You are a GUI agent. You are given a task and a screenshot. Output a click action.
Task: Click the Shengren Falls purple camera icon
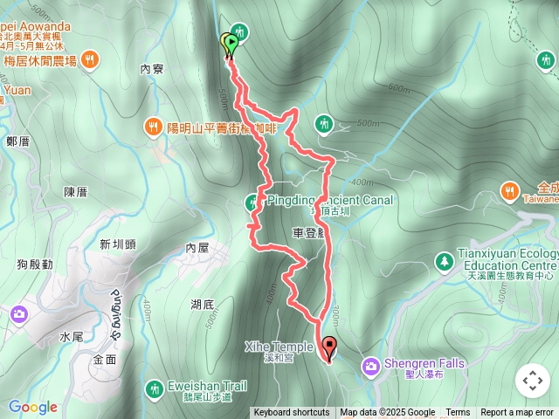pyautogui.click(x=371, y=363)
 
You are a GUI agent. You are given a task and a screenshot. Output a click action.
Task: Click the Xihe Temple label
pyautogui.click(x=279, y=347)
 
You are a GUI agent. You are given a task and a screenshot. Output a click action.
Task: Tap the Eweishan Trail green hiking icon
pyautogui.click(x=155, y=387)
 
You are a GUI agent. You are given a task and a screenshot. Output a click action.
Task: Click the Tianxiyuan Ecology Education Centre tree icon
pyautogui.click(x=445, y=260)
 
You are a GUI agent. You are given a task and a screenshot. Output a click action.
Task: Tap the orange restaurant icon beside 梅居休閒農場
pyautogui.click(x=92, y=60)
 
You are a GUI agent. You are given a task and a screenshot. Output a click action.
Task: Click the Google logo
pyautogui.click(x=33, y=407)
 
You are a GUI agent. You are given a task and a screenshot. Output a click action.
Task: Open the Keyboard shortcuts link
pyautogui.click(x=292, y=413)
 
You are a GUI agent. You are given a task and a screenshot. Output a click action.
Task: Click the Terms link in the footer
pyautogui.click(x=458, y=413)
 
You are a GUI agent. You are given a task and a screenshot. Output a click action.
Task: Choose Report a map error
pyautogui.click(x=517, y=413)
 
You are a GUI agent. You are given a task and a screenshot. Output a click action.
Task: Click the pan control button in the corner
pyautogui.click(x=533, y=381)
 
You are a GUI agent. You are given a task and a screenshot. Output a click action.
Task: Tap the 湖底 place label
pyautogui.click(x=203, y=304)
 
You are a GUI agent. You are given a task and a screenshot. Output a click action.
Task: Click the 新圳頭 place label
pyautogui.click(x=118, y=244)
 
